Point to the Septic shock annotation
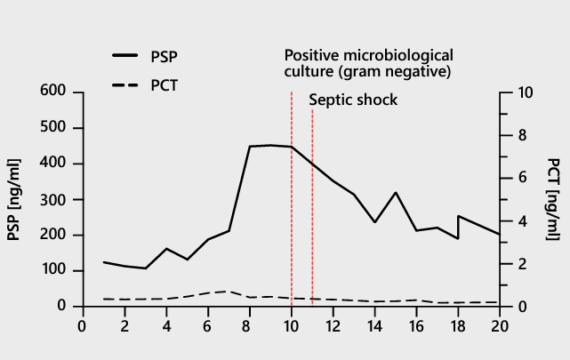[353, 100]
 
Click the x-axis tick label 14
[374, 325]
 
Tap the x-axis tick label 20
[500, 325]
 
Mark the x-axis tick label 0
[83, 325]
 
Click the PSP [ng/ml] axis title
[14, 199]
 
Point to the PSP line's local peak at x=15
[396, 192]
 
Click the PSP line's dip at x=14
[375, 221]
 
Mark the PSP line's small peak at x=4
[166, 249]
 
